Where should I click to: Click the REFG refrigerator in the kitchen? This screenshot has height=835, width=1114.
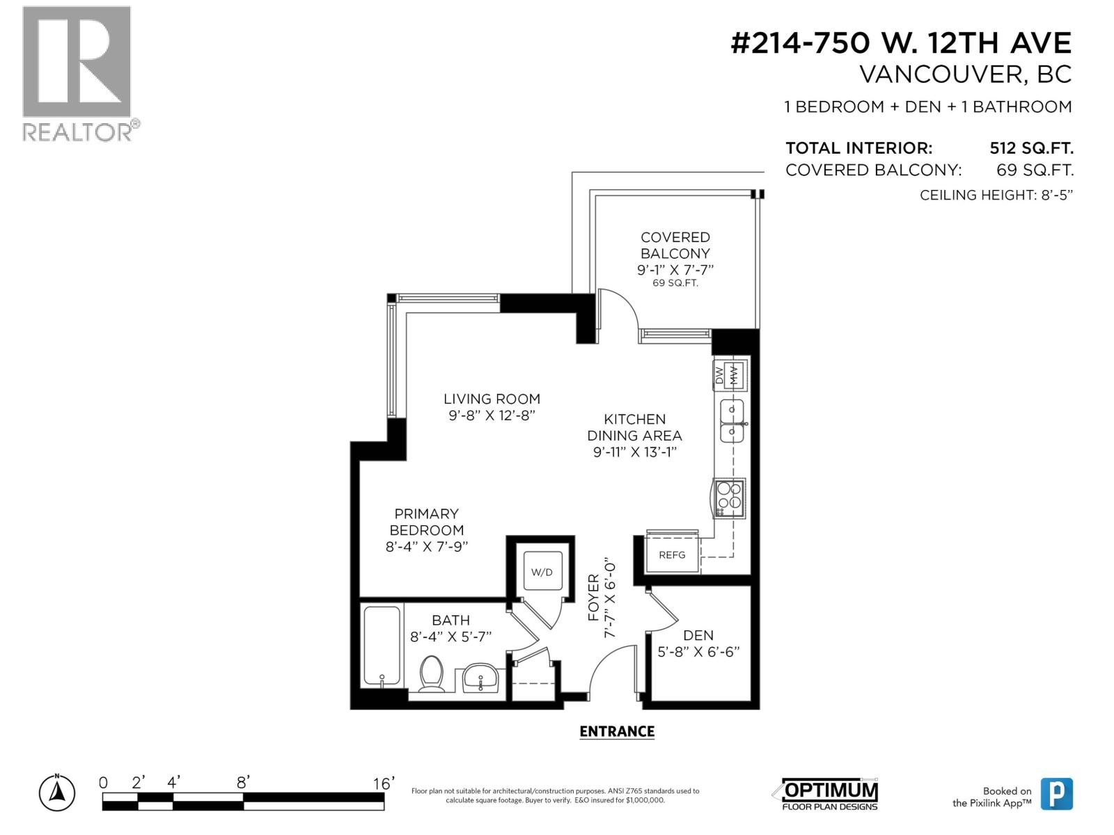point(671,555)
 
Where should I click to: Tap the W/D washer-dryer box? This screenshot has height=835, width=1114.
point(542,571)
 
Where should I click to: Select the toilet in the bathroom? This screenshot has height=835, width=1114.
point(432,674)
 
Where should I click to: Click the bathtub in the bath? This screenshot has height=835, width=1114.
point(382,646)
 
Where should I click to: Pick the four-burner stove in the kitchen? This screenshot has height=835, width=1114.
point(729,498)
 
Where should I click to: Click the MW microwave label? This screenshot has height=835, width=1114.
point(734,375)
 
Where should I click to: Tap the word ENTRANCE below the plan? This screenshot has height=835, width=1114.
point(617,731)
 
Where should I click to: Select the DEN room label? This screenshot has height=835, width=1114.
point(698,635)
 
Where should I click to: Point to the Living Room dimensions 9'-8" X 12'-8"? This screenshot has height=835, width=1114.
point(492,415)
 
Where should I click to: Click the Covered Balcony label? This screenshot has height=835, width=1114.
point(675,246)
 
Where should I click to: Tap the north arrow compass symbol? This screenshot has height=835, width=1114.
point(57,792)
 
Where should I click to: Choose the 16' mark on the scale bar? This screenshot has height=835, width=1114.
point(383,784)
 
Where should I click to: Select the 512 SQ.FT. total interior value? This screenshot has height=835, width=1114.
point(1031,148)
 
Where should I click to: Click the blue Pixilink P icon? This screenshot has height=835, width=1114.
point(1057,794)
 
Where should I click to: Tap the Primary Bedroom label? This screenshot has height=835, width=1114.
point(426,522)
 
